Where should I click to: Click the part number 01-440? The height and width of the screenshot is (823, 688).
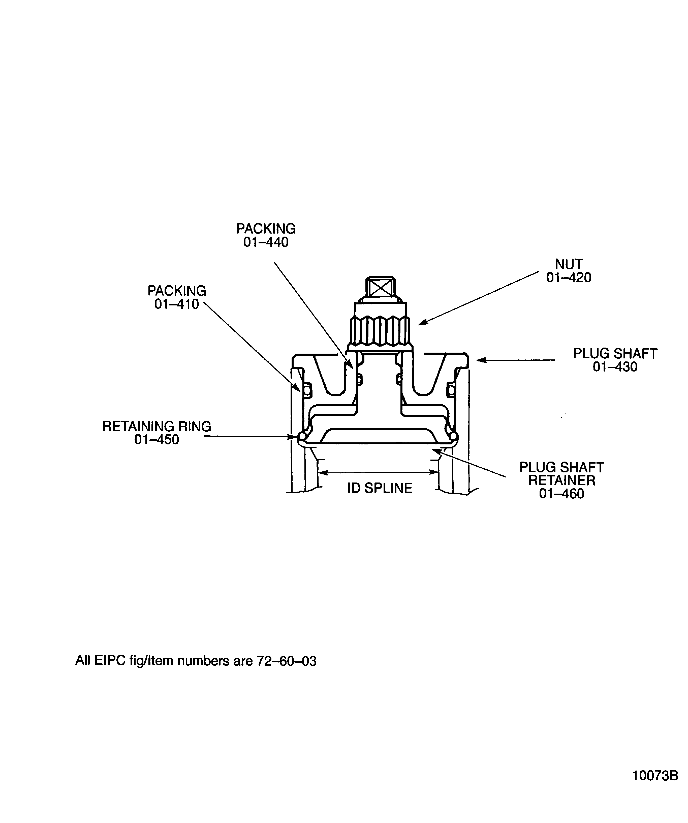click(266, 242)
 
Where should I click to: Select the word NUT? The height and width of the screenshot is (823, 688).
click(569, 264)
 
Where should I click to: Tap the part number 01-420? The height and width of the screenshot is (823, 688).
click(569, 277)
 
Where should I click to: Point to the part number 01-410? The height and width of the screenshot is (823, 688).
click(177, 304)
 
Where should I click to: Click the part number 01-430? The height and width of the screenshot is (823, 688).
click(615, 367)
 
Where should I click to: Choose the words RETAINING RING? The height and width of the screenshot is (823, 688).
click(157, 427)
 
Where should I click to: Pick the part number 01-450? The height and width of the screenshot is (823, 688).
click(157, 440)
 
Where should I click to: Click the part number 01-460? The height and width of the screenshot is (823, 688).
click(561, 493)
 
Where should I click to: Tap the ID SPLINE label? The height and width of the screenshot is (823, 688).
click(380, 488)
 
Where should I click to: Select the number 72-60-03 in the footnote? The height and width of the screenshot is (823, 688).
click(286, 661)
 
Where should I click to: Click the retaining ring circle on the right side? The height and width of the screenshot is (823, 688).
click(453, 436)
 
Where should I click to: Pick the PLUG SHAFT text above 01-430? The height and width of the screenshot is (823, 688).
click(615, 354)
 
